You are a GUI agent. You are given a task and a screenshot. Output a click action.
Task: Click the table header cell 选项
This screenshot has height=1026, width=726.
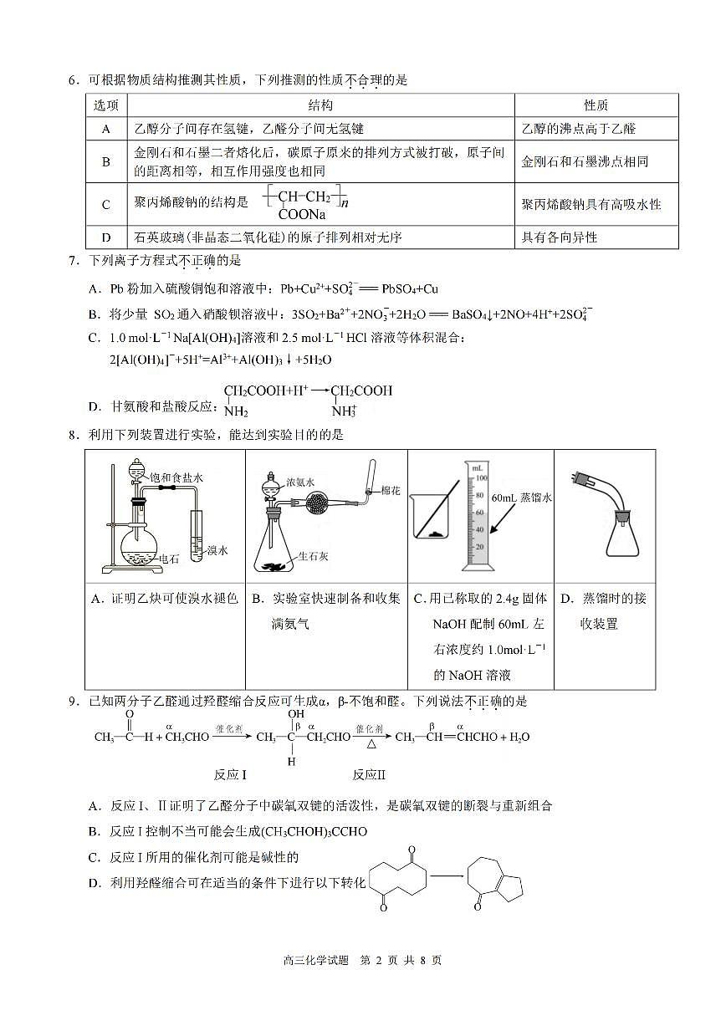[106, 105]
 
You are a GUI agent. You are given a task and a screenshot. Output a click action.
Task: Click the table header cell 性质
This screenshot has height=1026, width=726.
[596, 105]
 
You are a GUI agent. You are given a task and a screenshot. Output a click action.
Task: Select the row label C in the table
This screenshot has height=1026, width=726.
[106, 205]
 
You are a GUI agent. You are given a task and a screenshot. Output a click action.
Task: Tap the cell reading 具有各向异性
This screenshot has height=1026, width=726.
[560, 237]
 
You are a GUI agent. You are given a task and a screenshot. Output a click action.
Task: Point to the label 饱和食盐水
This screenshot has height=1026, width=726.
[176, 477]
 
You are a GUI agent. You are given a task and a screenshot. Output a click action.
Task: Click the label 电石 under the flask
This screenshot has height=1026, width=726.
[168, 559]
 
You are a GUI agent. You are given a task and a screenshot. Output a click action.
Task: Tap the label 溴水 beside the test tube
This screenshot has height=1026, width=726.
[217, 550]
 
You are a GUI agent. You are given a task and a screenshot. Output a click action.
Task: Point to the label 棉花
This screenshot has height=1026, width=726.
[391, 491]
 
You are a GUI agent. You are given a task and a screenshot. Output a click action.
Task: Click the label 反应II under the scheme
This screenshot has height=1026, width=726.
[369, 774]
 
